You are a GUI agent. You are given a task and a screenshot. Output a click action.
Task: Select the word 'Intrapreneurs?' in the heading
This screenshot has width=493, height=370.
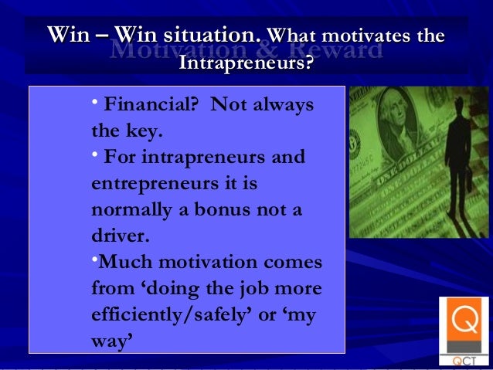click(x=246, y=62)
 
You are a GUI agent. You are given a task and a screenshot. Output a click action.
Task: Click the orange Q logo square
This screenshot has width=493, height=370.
click(x=464, y=321)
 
